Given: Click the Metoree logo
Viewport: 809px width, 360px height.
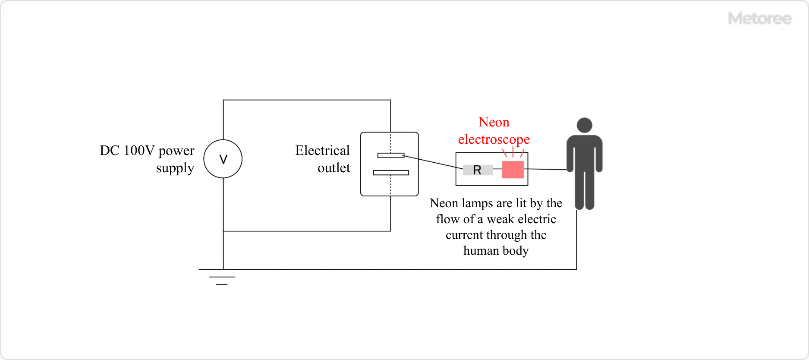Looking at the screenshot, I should [x=759, y=19].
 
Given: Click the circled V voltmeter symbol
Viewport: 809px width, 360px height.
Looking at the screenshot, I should [x=223, y=159].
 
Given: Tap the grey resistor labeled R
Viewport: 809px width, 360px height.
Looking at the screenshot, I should [x=478, y=170].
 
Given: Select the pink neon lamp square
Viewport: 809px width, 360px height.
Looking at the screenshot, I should [x=513, y=170].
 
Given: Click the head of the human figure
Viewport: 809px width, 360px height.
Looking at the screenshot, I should [x=584, y=125].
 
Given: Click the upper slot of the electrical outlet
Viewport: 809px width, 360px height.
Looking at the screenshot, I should [x=390, y=155].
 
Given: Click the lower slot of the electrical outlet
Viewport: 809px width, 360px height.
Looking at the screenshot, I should [x=390, y=173].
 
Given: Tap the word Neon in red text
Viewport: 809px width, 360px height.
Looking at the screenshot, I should [x=494, y=122].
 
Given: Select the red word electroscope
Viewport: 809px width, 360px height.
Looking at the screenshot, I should [x=494, y=139].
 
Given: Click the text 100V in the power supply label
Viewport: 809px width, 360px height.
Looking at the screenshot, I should [x=139, y=151].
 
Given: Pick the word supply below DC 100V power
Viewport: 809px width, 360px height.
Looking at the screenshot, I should [x=175, y=168].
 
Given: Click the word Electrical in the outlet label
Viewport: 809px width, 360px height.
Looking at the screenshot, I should [x=322, y=151].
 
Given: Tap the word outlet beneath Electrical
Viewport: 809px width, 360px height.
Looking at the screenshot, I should [x=334, y=168].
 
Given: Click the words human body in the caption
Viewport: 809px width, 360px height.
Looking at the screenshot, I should [x=496, y=251].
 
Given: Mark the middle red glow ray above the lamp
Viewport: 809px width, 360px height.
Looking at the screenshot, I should [x=513, y=152].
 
